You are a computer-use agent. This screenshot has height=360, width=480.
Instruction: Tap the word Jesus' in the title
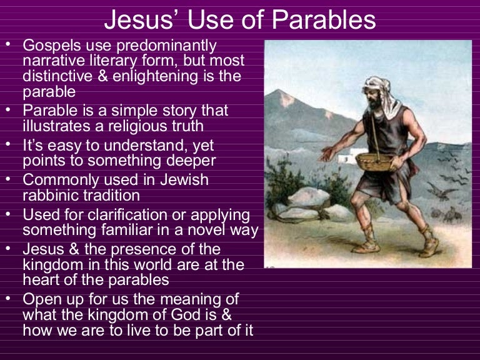click(135, 20)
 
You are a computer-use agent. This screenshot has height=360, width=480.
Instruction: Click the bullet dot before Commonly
click(7, 179)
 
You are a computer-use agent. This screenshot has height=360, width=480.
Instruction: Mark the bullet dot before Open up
click(7, 297)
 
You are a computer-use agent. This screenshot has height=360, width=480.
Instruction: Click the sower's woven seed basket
click(374, 161)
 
